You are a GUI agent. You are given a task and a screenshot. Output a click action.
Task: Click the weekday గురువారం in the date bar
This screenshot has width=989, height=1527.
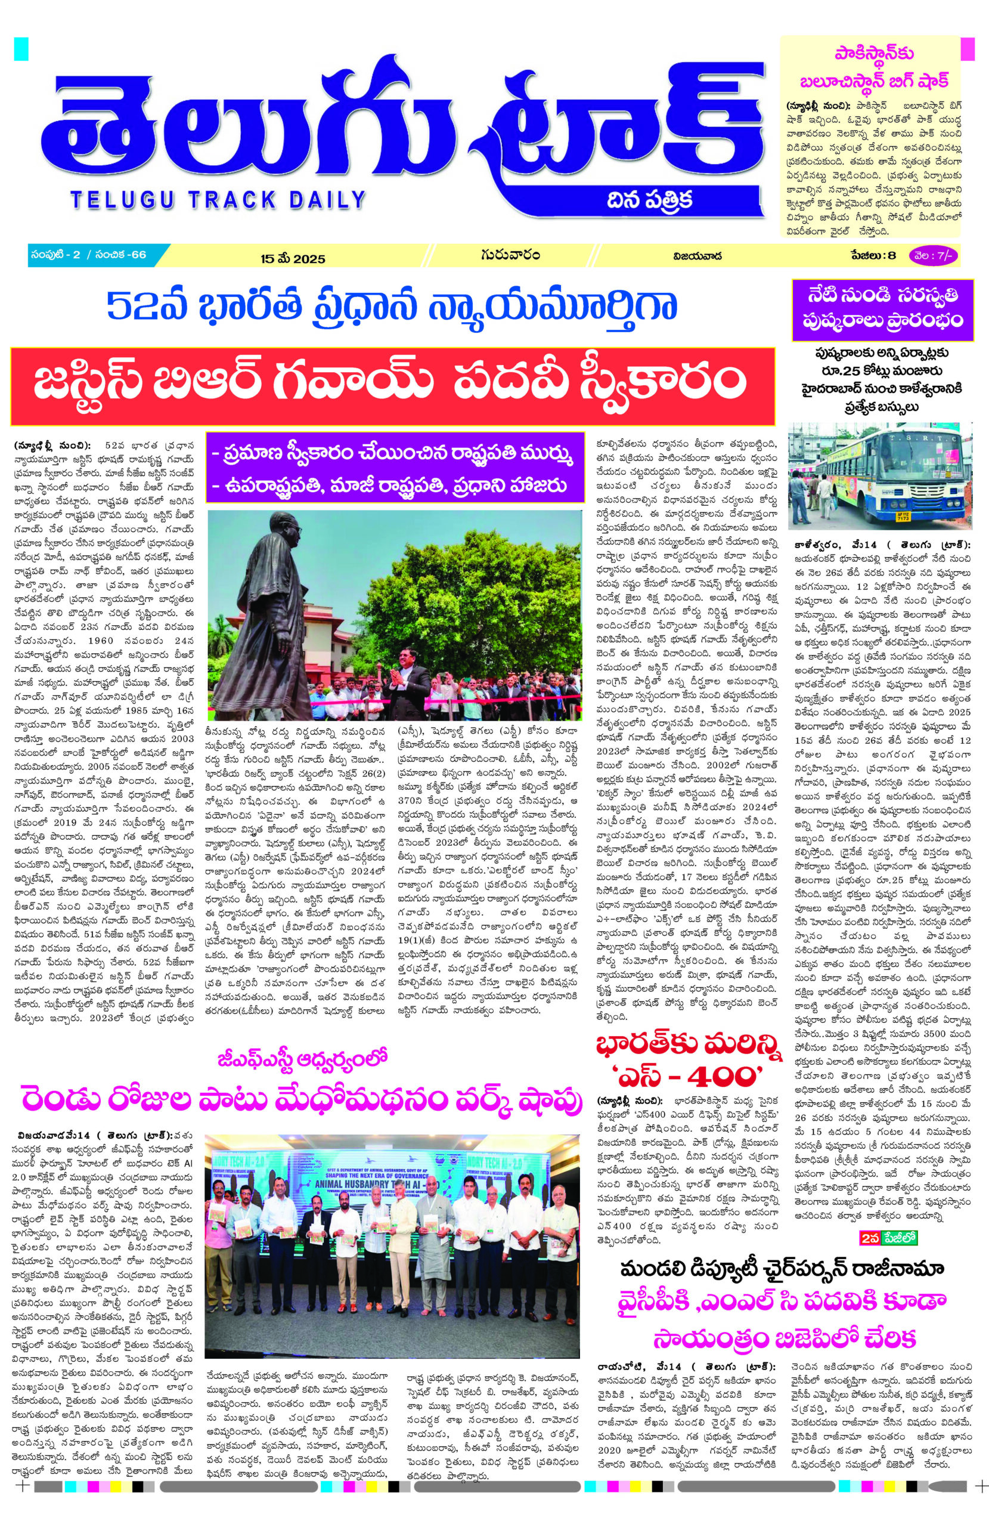coord(509,256)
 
